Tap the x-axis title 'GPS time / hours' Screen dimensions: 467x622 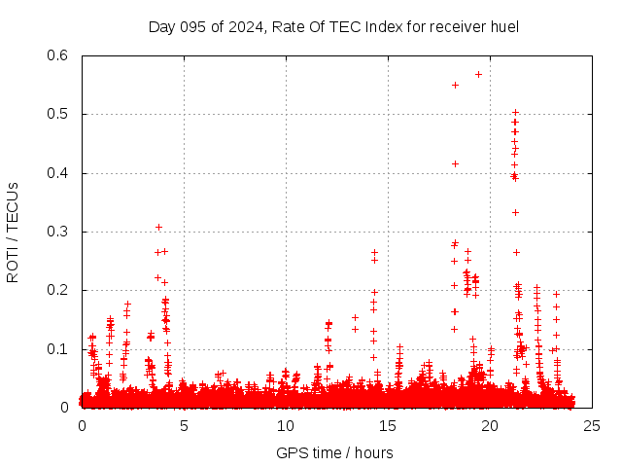(x=334, y=452)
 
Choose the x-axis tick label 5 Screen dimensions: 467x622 (x=184, y=425)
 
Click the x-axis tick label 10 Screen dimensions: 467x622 (x=286, y=425)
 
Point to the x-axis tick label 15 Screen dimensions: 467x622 (x=388, y=425)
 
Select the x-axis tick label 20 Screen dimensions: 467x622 (x=490, y=425)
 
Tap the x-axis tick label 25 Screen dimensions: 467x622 (x=592, y=425)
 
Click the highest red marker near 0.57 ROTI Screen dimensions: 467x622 (x=478, y=74)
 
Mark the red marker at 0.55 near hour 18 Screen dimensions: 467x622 (x=455, y=85)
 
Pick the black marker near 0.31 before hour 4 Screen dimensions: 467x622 (x=158, y=227)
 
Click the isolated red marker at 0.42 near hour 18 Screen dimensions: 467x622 (x=455, y=163)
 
